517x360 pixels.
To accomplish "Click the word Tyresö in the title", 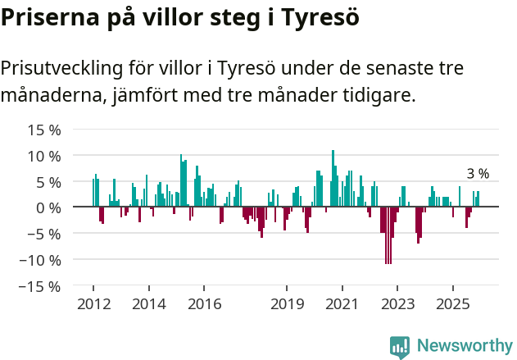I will pos(315,17).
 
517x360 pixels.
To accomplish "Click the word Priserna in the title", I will pos(48,17).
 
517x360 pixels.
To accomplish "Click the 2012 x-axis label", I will pos(93,304).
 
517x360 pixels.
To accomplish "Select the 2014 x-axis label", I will pos(148,304).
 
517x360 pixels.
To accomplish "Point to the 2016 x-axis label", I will pos(204,304).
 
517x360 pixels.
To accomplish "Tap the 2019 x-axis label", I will pos(287,304).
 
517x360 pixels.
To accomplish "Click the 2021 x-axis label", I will pos(342,304).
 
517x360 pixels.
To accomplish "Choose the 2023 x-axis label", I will pos(397,304).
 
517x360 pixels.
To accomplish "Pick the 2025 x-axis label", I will pos(452,304).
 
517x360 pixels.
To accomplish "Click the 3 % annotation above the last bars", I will pos(477,174).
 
